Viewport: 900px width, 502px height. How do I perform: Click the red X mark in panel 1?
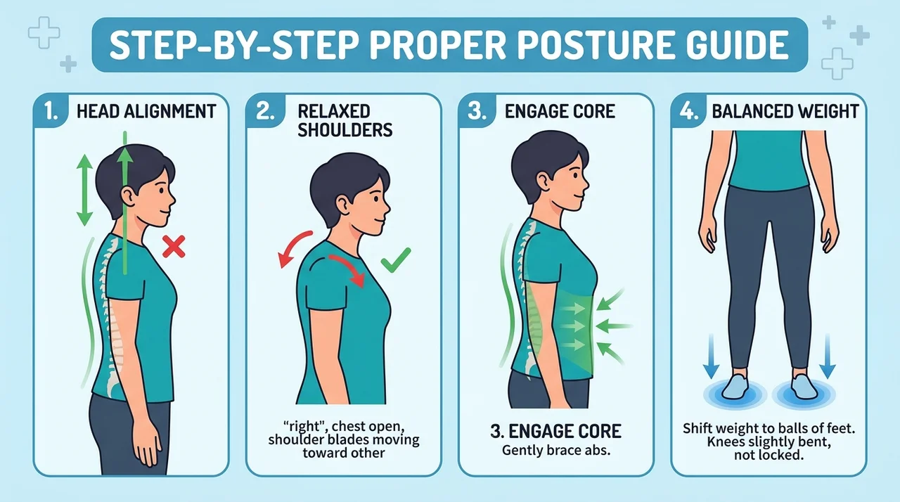174,246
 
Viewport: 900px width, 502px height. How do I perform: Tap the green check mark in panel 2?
396,260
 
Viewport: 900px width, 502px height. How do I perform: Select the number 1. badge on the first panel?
51,111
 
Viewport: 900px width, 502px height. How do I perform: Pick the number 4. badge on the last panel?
688,111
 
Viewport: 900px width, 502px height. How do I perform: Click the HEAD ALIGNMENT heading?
146,111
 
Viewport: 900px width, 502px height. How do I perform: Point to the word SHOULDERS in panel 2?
345,129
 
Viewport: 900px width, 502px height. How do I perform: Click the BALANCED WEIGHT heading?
785,111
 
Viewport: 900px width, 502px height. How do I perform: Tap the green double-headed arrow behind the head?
85,190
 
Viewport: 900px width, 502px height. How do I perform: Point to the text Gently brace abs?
556,450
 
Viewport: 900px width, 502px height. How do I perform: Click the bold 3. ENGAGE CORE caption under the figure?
556,431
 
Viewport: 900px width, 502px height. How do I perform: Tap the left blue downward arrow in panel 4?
711,356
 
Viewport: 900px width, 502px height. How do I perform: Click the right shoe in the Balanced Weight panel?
804,387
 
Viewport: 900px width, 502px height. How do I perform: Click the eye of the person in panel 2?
375,198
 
